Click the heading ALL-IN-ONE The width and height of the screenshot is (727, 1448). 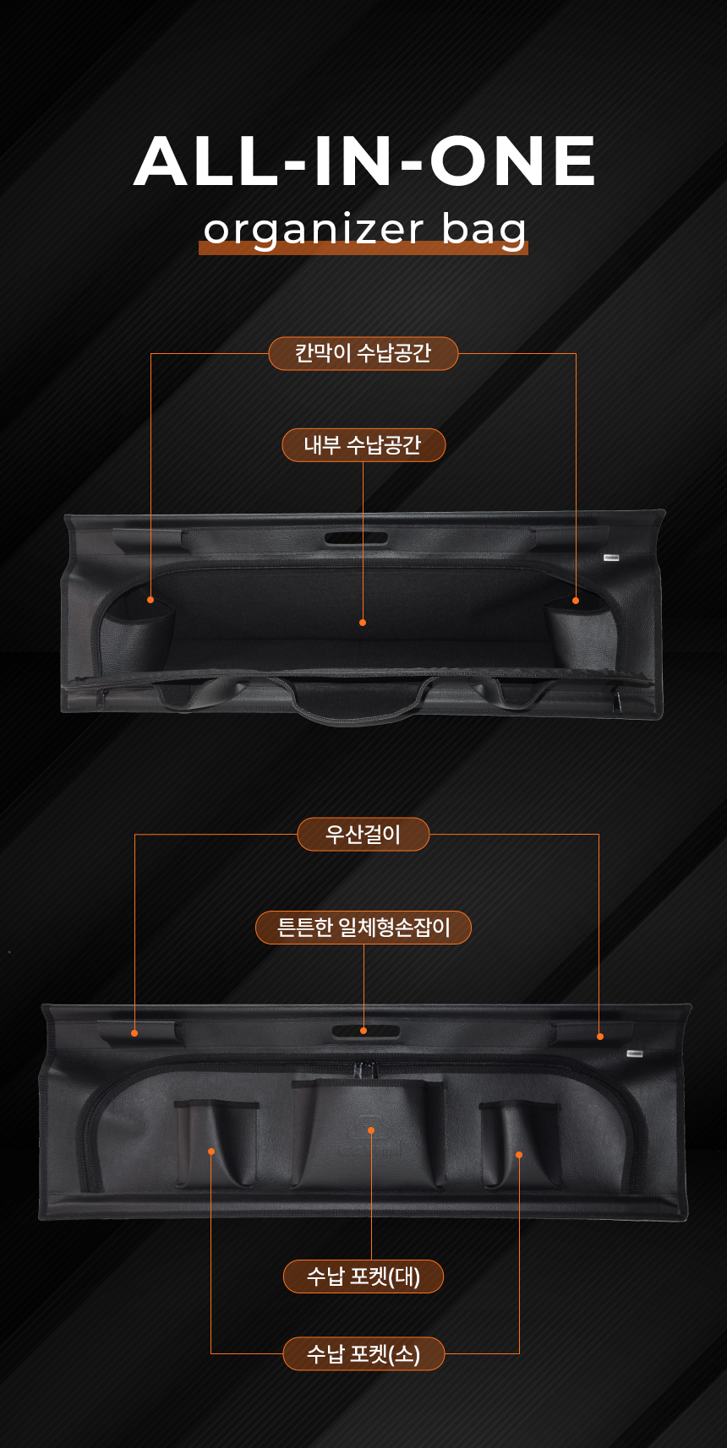tap(364, 161)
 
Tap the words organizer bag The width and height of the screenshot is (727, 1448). tap(364, 230)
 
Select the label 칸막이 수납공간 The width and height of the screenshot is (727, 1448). tap(363, 353)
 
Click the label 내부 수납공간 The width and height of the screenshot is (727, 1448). tap(363, 445)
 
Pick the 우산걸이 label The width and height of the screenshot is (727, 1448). tap(363, 835)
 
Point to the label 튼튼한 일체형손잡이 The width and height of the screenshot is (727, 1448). tap(363, 927)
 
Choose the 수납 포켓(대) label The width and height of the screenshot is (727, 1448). tap(363, 1276)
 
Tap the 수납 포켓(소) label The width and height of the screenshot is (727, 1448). tap(363, 1353)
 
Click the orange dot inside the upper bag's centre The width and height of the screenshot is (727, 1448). tap(363, 623)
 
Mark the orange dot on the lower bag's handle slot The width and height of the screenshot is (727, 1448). tap(363, 1031)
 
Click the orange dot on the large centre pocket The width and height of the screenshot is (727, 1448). tap(371, 1130)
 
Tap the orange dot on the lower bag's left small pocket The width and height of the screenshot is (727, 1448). tap(211, 1151)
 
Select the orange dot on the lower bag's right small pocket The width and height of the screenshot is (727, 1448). tap(519, 1155)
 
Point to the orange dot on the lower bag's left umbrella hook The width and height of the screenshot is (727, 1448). tap(134, 1033)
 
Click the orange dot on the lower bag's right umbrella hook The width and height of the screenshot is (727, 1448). tap(600, 1037)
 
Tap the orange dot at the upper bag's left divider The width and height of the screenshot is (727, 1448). tap(150, 600)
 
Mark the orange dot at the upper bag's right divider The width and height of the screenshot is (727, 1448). tap(576, 601)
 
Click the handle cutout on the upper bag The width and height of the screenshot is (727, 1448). tap(356, 538)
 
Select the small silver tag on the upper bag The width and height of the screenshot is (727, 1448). tap(612, 558)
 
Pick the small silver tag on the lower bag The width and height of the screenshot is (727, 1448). tap(635, 1053)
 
